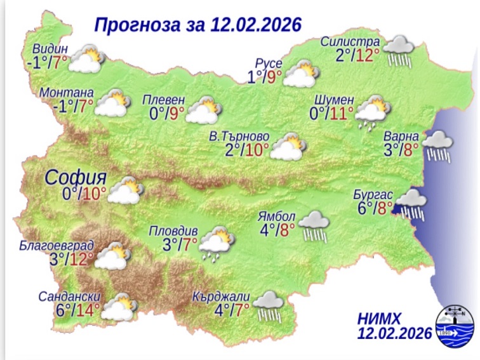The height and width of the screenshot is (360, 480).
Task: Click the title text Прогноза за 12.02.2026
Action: click(x=197, y=25)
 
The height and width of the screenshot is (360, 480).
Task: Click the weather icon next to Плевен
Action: click(x=203, y=110)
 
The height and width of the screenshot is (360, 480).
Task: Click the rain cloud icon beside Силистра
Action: click(x=399, y=49)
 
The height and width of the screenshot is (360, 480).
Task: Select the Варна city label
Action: click(x=401, y=137)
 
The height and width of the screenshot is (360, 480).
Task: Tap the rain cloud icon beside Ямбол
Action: click(x=313, y=226)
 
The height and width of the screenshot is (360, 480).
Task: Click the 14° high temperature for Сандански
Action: click(x=85, y=311)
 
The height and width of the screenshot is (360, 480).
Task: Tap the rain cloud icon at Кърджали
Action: click(x=269, y=305)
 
